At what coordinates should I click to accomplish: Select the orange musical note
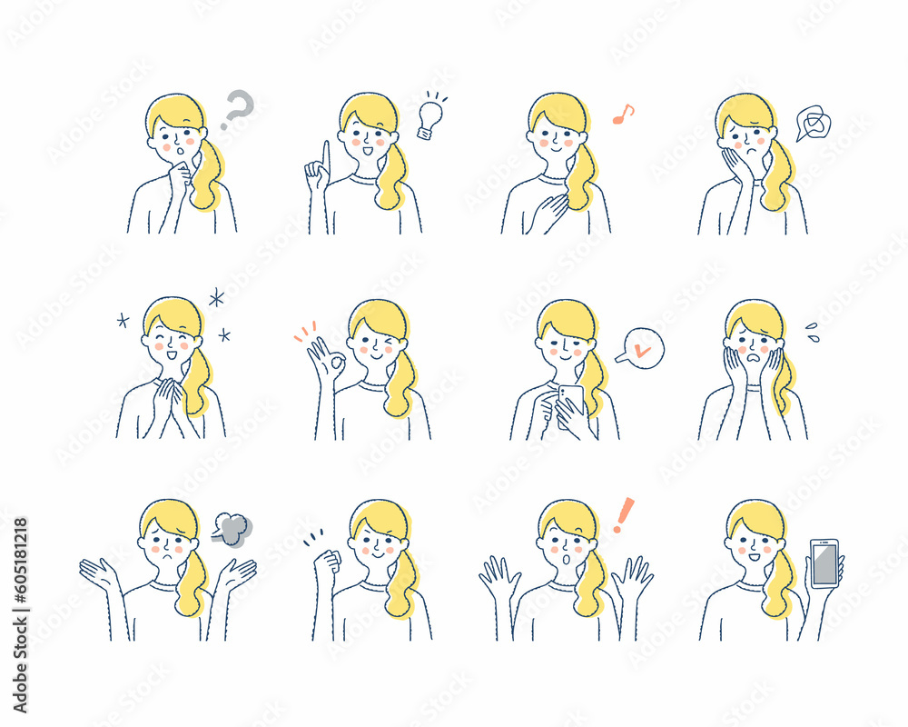(623, 115)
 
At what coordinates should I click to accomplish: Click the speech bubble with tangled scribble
(813, 123)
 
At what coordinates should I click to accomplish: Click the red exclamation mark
(623, 515)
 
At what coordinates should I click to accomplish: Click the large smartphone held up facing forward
(824, 563)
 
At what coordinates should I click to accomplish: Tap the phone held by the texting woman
(571, 398)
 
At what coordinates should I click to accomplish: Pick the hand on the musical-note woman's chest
(550, 211)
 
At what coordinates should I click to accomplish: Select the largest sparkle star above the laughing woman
(216, 297)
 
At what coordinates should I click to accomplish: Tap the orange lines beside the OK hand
(304, 331)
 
